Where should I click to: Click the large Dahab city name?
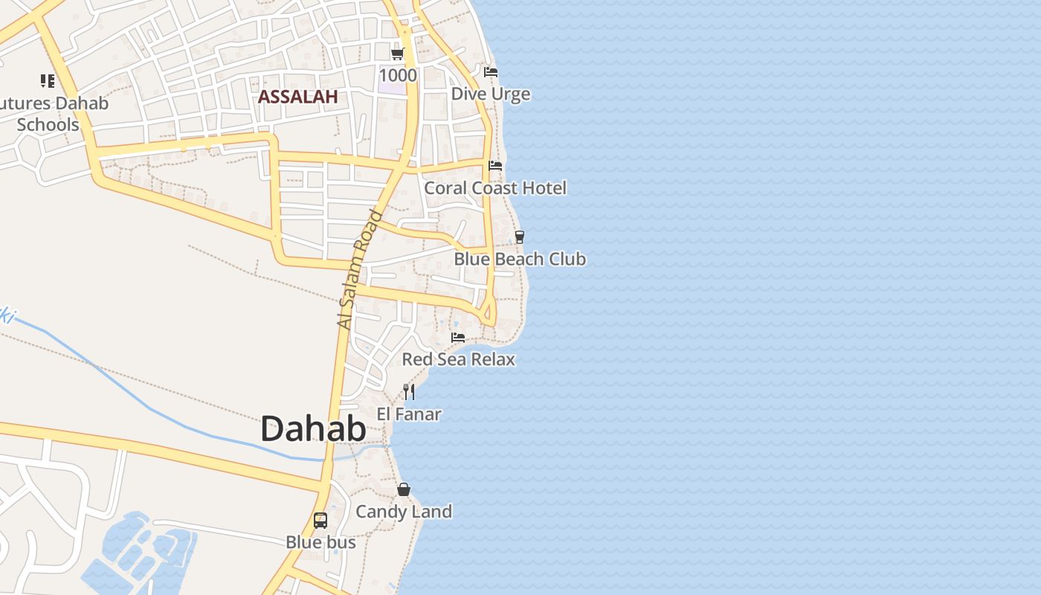[x=313, y=429]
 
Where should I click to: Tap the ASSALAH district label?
[x=297, y=96]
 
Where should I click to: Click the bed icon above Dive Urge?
[x=491, y=72]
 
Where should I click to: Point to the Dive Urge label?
[x=491, y=94]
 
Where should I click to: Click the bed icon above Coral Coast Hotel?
[x=495, y=166]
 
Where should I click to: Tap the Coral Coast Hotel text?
[x=495, y=188]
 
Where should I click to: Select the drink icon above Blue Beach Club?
[x=520, y=237]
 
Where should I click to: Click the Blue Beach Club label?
[x=520, y=260]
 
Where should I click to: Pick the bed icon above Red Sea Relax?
[x=458, y=338]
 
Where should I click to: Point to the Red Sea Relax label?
[x=458, y=360]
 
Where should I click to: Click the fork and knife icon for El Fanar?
[x=409, y=392]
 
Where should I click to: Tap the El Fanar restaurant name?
[x=409, y=414]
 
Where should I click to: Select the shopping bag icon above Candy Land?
[x=404, y=489]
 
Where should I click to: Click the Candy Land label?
[x=404, y=512]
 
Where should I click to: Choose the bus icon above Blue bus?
[x=320, y=521]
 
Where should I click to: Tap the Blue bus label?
[x=320, y=543]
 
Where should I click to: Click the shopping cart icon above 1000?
[x=398, y=54]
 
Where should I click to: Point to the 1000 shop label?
[x=398, y=75]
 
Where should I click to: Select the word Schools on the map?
[x=48, y=124]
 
